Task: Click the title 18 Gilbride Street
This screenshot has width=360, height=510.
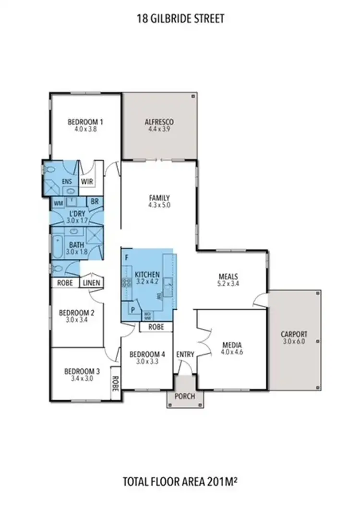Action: point(180,19)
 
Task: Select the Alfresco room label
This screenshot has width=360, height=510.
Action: point(159,122)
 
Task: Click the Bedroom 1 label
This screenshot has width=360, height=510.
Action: point(85,121)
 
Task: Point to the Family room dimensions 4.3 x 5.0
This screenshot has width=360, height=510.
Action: point(160,205)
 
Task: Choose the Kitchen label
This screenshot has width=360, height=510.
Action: point(147,274)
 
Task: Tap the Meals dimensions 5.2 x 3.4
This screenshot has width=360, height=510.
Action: point(228,283)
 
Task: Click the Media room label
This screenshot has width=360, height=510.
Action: point(232,345)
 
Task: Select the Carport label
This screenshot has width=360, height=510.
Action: point(294,334)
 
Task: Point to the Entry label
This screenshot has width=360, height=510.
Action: point(185,355)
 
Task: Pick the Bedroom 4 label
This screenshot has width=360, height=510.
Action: point(147,354)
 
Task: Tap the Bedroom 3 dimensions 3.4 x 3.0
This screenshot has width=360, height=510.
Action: point(82,378)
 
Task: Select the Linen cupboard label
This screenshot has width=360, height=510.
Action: point(91,283)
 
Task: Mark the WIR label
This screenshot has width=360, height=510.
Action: point(87,182)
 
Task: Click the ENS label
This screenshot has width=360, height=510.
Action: point(66,182)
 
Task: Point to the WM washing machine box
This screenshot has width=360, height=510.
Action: point(58,203)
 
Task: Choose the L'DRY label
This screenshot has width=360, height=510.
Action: point(77,213)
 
